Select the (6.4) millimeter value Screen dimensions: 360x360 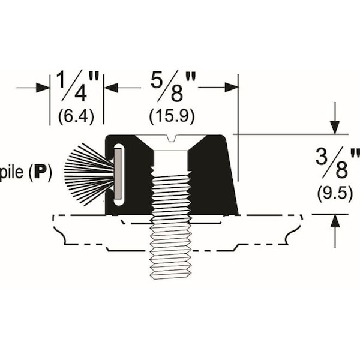tap(76, 116)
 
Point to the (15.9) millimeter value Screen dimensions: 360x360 tap(172, 116)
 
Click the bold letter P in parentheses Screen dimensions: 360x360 tap(41, 174)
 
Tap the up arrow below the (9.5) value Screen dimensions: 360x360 tap(335, 223)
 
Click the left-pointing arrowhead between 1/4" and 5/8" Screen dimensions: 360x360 tap(112, 88)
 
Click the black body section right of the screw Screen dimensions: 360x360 tap(213, 177)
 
